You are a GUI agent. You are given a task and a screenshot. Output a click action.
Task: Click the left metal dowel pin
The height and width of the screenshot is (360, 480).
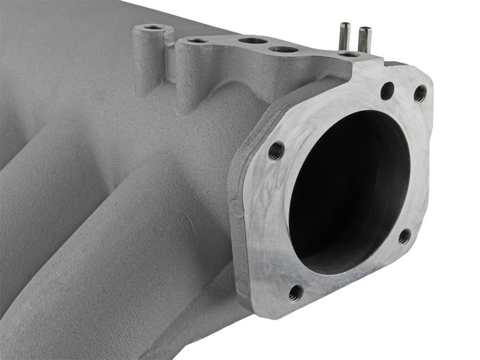coord(345,36)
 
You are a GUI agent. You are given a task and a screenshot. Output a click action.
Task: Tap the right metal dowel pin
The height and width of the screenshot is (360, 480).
coord(364,40)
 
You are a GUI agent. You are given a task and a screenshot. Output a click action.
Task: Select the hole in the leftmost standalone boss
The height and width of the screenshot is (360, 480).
coord(154,28)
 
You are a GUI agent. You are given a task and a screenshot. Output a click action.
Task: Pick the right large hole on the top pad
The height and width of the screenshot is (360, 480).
coord(283,49)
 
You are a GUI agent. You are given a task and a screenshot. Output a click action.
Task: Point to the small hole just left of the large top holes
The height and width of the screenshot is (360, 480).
coord(197,41)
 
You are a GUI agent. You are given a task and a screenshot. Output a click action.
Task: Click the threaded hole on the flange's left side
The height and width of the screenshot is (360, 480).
coord(276,151)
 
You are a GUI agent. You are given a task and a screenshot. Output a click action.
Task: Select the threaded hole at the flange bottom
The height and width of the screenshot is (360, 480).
coord(296,291)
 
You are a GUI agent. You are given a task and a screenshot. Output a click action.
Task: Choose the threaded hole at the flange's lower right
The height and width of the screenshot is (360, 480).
coord(405,235)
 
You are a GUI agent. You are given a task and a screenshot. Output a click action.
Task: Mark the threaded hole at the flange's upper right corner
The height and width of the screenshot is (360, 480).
coord(420,94)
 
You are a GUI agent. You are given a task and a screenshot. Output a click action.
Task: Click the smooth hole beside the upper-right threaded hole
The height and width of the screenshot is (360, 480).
coord(387,90)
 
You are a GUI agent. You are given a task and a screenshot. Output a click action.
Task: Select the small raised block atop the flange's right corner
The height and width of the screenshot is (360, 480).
coord(397,65)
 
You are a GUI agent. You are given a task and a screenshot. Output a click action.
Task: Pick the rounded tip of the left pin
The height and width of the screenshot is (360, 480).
coord(345,26)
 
